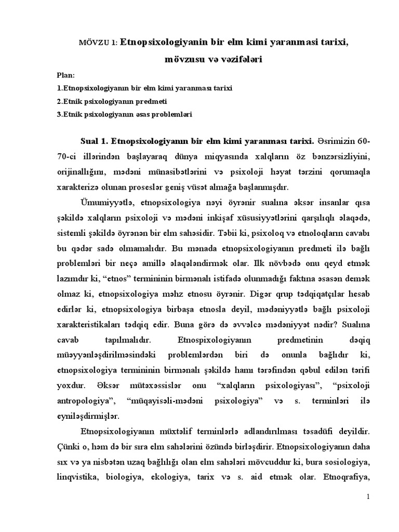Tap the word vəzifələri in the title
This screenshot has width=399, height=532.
pos(238,60)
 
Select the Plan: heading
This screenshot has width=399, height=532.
pos(66,75)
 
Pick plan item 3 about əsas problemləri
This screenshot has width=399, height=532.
pos(126,113)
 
